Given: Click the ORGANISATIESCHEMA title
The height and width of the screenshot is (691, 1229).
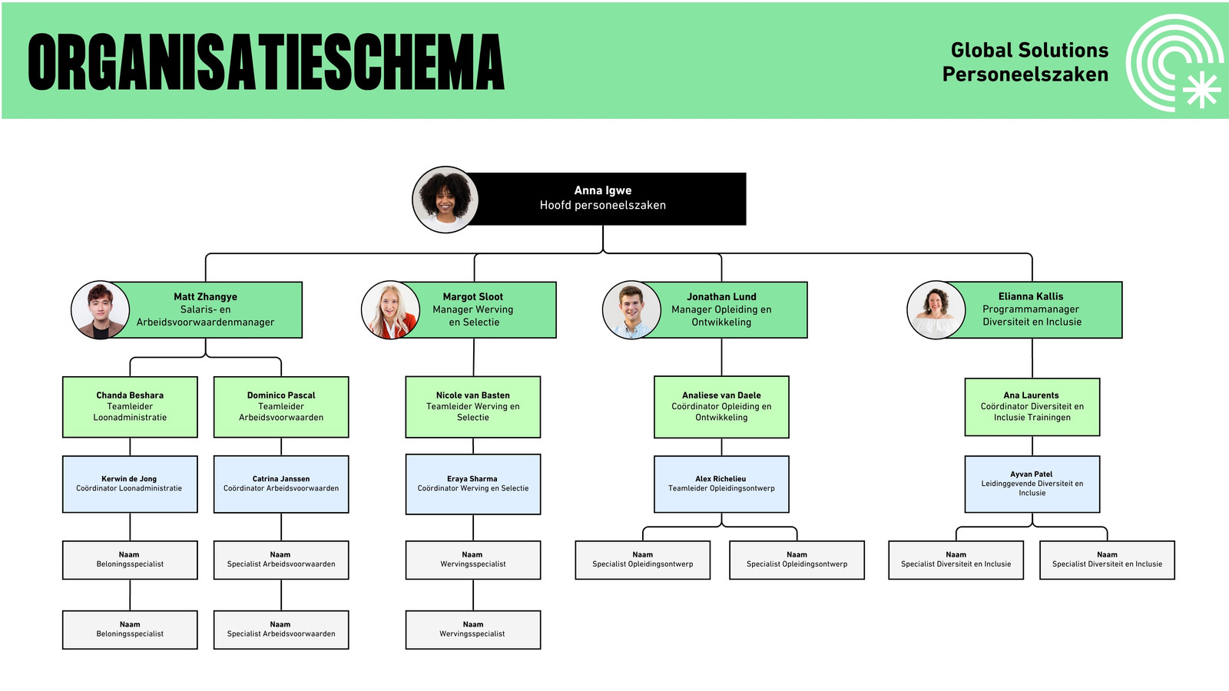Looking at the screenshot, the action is tap(266, 61).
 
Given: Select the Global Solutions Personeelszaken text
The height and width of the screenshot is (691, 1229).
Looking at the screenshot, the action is tap(1025, 62).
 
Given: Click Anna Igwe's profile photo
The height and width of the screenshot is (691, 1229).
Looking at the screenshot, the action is tap(445, 200).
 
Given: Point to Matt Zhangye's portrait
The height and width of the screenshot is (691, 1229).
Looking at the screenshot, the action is tap(101, 310).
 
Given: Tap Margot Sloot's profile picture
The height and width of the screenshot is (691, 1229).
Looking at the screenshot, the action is tap(391, 310).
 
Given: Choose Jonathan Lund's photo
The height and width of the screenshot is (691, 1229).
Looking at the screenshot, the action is tap(631, 310).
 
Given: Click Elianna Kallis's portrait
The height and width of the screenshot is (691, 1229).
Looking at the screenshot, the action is tap(936, 310).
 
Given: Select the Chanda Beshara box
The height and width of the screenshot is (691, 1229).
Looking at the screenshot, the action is tap(130, 407).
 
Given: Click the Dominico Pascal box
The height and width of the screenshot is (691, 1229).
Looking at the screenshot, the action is tap(281, 407).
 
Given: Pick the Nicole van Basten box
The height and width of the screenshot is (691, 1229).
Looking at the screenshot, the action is tap(473, 407).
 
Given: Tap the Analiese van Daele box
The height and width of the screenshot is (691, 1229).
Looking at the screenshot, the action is tap(721, 407).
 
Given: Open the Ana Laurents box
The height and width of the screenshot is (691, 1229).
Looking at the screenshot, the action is tap(1032, 407).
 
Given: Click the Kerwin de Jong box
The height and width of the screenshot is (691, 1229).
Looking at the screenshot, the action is tap(130, 484).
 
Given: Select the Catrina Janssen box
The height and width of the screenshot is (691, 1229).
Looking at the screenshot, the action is tap(281, 484).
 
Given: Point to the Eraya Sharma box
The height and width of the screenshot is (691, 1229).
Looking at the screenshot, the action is tap(473, 484).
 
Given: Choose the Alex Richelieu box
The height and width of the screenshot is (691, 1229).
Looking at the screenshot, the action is tap(721, 484).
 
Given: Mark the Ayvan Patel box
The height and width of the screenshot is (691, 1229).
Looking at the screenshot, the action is tap(1032, 484).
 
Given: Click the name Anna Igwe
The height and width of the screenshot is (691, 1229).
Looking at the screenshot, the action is tap(602, 191).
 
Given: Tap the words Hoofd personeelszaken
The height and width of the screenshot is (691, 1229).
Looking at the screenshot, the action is tap(602, 205).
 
